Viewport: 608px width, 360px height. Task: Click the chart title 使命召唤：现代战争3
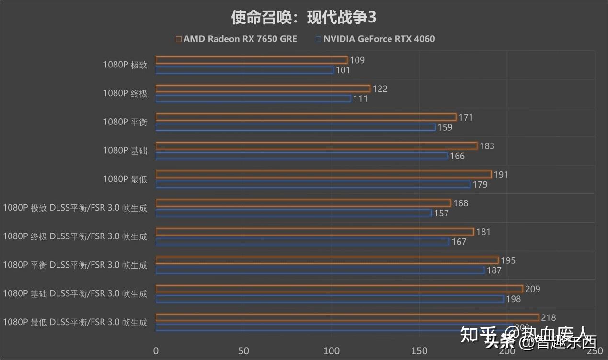coord(304,18)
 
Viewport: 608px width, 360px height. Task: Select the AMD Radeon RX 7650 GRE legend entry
coord(236,39)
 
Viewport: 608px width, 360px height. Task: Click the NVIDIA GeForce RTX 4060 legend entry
coord(375,39)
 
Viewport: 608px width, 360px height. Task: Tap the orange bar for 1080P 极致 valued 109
coord(252,60)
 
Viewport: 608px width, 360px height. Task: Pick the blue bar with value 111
coord(253,99)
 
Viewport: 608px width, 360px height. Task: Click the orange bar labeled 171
coord(306,117)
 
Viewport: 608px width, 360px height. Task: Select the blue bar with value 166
coord(302,156)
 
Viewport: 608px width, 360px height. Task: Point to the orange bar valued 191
coord(323,174)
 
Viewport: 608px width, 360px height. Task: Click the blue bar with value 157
coord(294,213)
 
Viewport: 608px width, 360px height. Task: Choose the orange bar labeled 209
coord(339,289)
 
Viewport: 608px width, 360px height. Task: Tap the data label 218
coord(548,318)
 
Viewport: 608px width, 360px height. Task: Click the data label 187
coord(493,270)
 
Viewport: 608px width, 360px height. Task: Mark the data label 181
coord(483,232)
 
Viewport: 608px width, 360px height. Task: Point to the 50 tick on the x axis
coord(244,351)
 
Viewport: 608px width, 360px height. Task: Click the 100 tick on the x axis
coord(332,351)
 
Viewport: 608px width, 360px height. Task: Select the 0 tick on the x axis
coord(156,351)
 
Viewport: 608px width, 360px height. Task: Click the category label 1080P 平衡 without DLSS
coord(125,122)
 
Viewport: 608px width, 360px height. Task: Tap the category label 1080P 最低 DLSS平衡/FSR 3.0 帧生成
coord(75,322)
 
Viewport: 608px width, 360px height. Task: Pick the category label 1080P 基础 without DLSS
coord(125,151)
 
